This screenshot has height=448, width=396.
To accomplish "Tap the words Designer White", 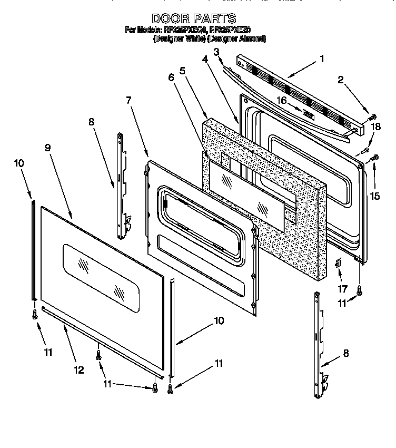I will (x=179, y=39).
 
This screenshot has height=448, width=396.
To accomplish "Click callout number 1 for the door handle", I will (x=322, y=59).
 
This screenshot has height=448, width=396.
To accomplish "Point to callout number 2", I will (x=341, y=80).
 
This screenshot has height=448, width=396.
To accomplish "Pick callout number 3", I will (x=216, y=51).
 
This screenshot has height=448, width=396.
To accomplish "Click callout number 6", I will (x=171, y=77).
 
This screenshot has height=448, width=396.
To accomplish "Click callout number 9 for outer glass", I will (x=48, y=148).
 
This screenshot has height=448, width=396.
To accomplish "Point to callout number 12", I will (x=78, y=370).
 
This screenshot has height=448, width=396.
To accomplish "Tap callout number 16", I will (x=282, y=100).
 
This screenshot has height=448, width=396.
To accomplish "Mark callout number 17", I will (x=343, y=288).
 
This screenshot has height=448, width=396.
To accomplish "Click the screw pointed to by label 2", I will (x=372, y=116).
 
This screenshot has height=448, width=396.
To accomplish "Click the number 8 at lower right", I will (x=346, y=354).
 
